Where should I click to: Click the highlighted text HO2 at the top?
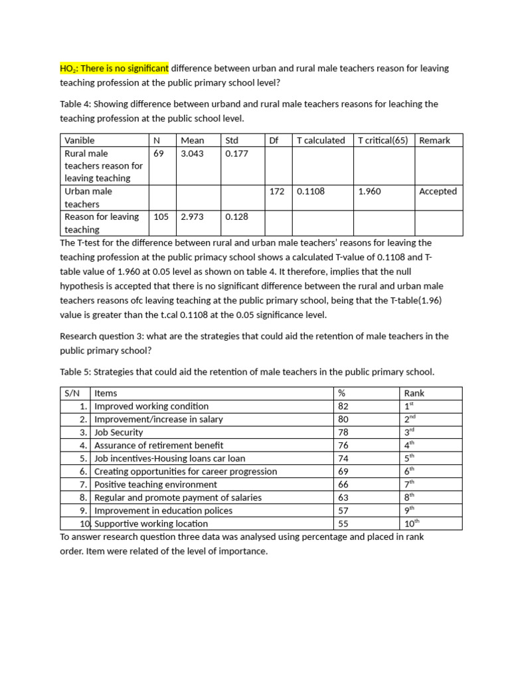tap(68, 68)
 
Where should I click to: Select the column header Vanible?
tap(80, 140)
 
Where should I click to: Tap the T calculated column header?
tap(321, 140)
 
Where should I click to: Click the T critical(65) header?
tap(382, 140)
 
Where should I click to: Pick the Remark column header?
tap(434, 140)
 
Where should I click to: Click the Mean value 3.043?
tap(192, 153)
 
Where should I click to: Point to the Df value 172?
tap(277, 191)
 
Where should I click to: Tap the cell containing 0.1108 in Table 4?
tap(311, 191)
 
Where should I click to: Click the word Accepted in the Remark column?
tap(438, 191)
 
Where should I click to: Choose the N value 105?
tap(161, 216)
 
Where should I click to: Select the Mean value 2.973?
tap(192, 216)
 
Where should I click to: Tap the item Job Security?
tap(119, 432)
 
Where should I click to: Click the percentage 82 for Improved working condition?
tap(343, 406)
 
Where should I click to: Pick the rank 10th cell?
tap(412, 524)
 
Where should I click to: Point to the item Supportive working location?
tap(151, 524)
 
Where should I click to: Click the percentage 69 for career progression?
tap(343, 471)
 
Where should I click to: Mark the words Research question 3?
tap(96, 336)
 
